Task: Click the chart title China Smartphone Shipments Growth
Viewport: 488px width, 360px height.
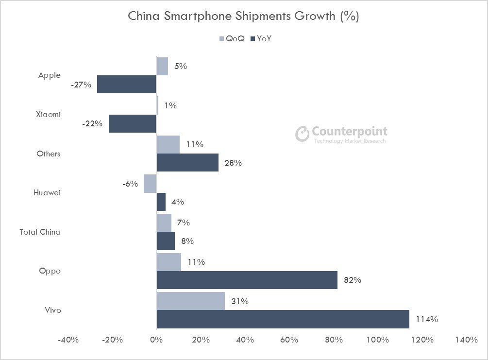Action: click(243, 16)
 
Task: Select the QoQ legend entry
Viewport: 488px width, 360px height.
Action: click(232, 38)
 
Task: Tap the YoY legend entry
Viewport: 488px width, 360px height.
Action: click(260, 38)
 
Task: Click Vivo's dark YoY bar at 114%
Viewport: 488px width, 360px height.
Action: click(283, 319)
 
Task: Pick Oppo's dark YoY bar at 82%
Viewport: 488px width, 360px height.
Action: click(247, 280)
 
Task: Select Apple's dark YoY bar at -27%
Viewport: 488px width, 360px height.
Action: click(126, 84)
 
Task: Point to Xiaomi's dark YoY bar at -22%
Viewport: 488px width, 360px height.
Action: click(132, 123)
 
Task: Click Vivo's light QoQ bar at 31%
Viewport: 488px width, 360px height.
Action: click(190, 301)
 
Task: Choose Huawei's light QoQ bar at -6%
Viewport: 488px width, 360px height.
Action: click(150, 184)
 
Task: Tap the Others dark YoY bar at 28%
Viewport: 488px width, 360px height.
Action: click(187, 163)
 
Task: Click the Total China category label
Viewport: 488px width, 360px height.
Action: click(40, 232)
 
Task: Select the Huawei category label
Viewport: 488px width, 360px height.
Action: click(47, 192)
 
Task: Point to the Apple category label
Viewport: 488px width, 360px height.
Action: click(50, 75)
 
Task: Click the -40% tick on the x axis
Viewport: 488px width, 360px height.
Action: click(68, 340)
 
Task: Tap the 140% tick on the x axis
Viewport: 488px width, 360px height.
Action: click(466, 340)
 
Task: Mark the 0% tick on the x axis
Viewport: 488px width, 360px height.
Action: click(156, 340)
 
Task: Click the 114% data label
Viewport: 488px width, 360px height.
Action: click(427, 319)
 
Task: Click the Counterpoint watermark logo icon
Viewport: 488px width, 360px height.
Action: click(302, 134)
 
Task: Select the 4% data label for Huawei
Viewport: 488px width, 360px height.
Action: click(177, 202)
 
